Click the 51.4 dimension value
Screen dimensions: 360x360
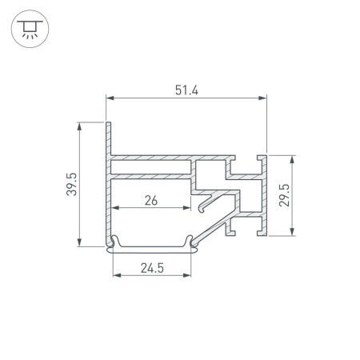[x=186, y=90]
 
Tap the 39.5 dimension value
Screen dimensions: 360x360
[x=72, y=184]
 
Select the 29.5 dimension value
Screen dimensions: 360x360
[x=284, y=195]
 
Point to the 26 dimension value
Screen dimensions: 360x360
[x=151, y=200]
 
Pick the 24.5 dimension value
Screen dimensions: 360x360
[x=152, y=268]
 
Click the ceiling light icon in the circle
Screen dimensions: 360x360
[x=30, y=29]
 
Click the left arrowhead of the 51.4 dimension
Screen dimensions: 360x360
[x=110, y=98]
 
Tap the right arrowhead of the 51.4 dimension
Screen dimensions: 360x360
[x=262, y=98]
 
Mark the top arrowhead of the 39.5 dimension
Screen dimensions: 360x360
[x=79, y=126]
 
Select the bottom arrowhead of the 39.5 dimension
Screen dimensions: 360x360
[x=79, y=242]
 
